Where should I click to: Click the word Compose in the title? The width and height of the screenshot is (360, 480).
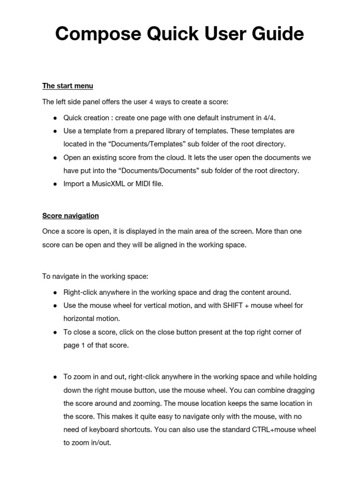(x=96, y=34)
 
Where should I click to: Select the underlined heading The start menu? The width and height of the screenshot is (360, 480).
(x=67, y=86)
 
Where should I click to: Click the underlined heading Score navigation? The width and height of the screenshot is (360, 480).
(x=70, y=216)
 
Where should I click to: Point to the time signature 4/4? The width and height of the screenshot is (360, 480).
(x=264, y=117)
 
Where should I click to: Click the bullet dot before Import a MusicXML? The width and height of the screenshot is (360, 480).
(x=55, y=184)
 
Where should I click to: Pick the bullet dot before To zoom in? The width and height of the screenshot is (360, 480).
(x=55, y=377)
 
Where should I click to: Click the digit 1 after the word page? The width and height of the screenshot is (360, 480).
(x=82, y=345)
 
